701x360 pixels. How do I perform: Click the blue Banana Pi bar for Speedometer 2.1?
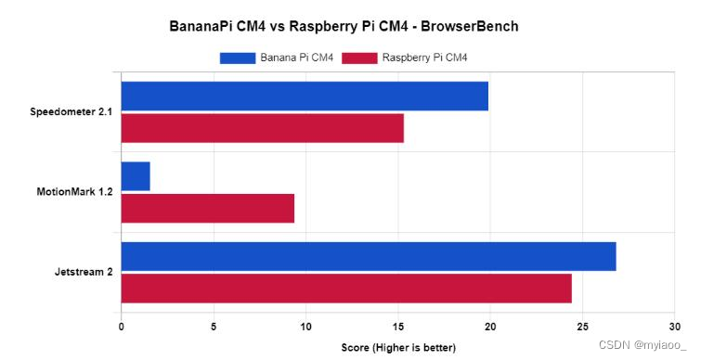(305, 96)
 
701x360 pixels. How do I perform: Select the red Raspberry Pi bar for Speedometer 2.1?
(262, 128)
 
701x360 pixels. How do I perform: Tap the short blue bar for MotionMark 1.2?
(136, 175)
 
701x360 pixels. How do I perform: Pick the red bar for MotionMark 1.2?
(208, 208)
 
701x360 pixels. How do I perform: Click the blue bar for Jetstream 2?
(369, 256)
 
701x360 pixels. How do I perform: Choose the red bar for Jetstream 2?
(346, 288)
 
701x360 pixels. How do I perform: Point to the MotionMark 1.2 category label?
(74, 192)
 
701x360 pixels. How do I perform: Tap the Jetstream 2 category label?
(84, 272)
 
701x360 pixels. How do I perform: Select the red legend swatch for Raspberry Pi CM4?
(359, 58)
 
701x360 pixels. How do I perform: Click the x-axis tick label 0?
(122, 327)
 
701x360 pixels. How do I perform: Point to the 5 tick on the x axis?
(214, 327)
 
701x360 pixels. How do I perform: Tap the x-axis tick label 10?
(305, 327)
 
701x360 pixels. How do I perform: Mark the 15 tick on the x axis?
(397, 327)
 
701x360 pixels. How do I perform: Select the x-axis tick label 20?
(490, 327)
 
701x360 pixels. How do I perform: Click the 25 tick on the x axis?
(582, 327)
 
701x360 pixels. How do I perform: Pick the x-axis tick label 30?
(674, 327)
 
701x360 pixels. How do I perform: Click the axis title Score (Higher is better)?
(397, 348)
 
